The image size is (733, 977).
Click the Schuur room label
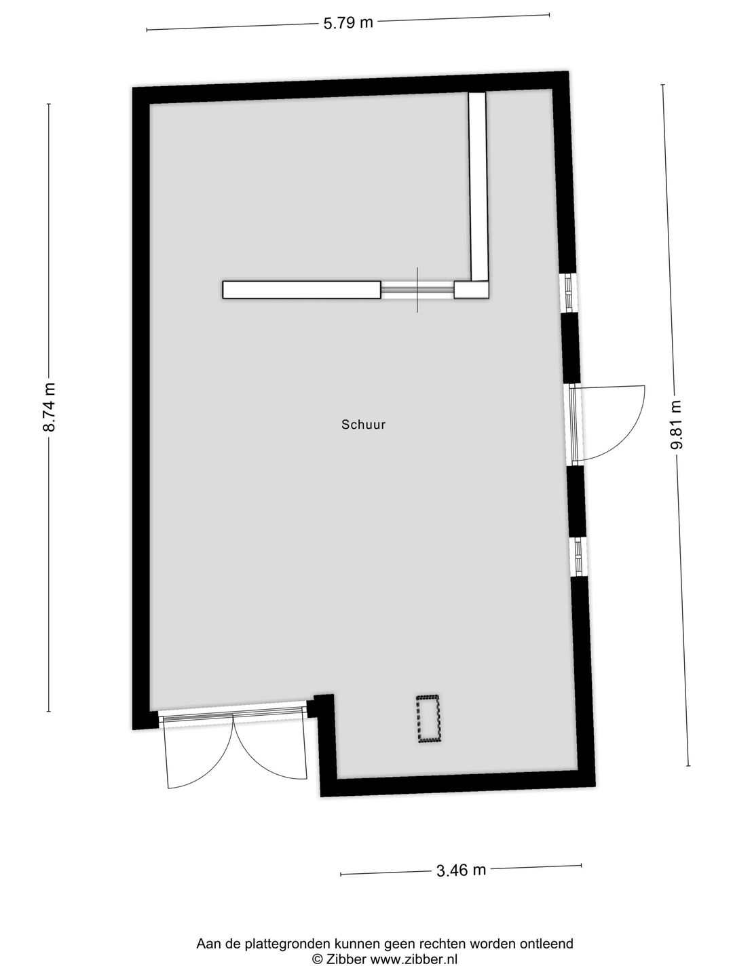click(363, 425)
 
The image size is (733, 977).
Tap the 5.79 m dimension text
click(348, 22)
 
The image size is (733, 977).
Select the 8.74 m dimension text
click(49, 407)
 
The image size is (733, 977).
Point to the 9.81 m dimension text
click(676, 425)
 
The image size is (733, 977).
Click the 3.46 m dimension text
click(462, 870)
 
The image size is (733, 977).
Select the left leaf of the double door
click(197, 750)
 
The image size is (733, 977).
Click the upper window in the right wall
click(567, 292)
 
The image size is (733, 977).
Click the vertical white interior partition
click(478, 187)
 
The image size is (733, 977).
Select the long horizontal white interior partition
click(301, 290)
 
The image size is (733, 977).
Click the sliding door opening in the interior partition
click(417, 290)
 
